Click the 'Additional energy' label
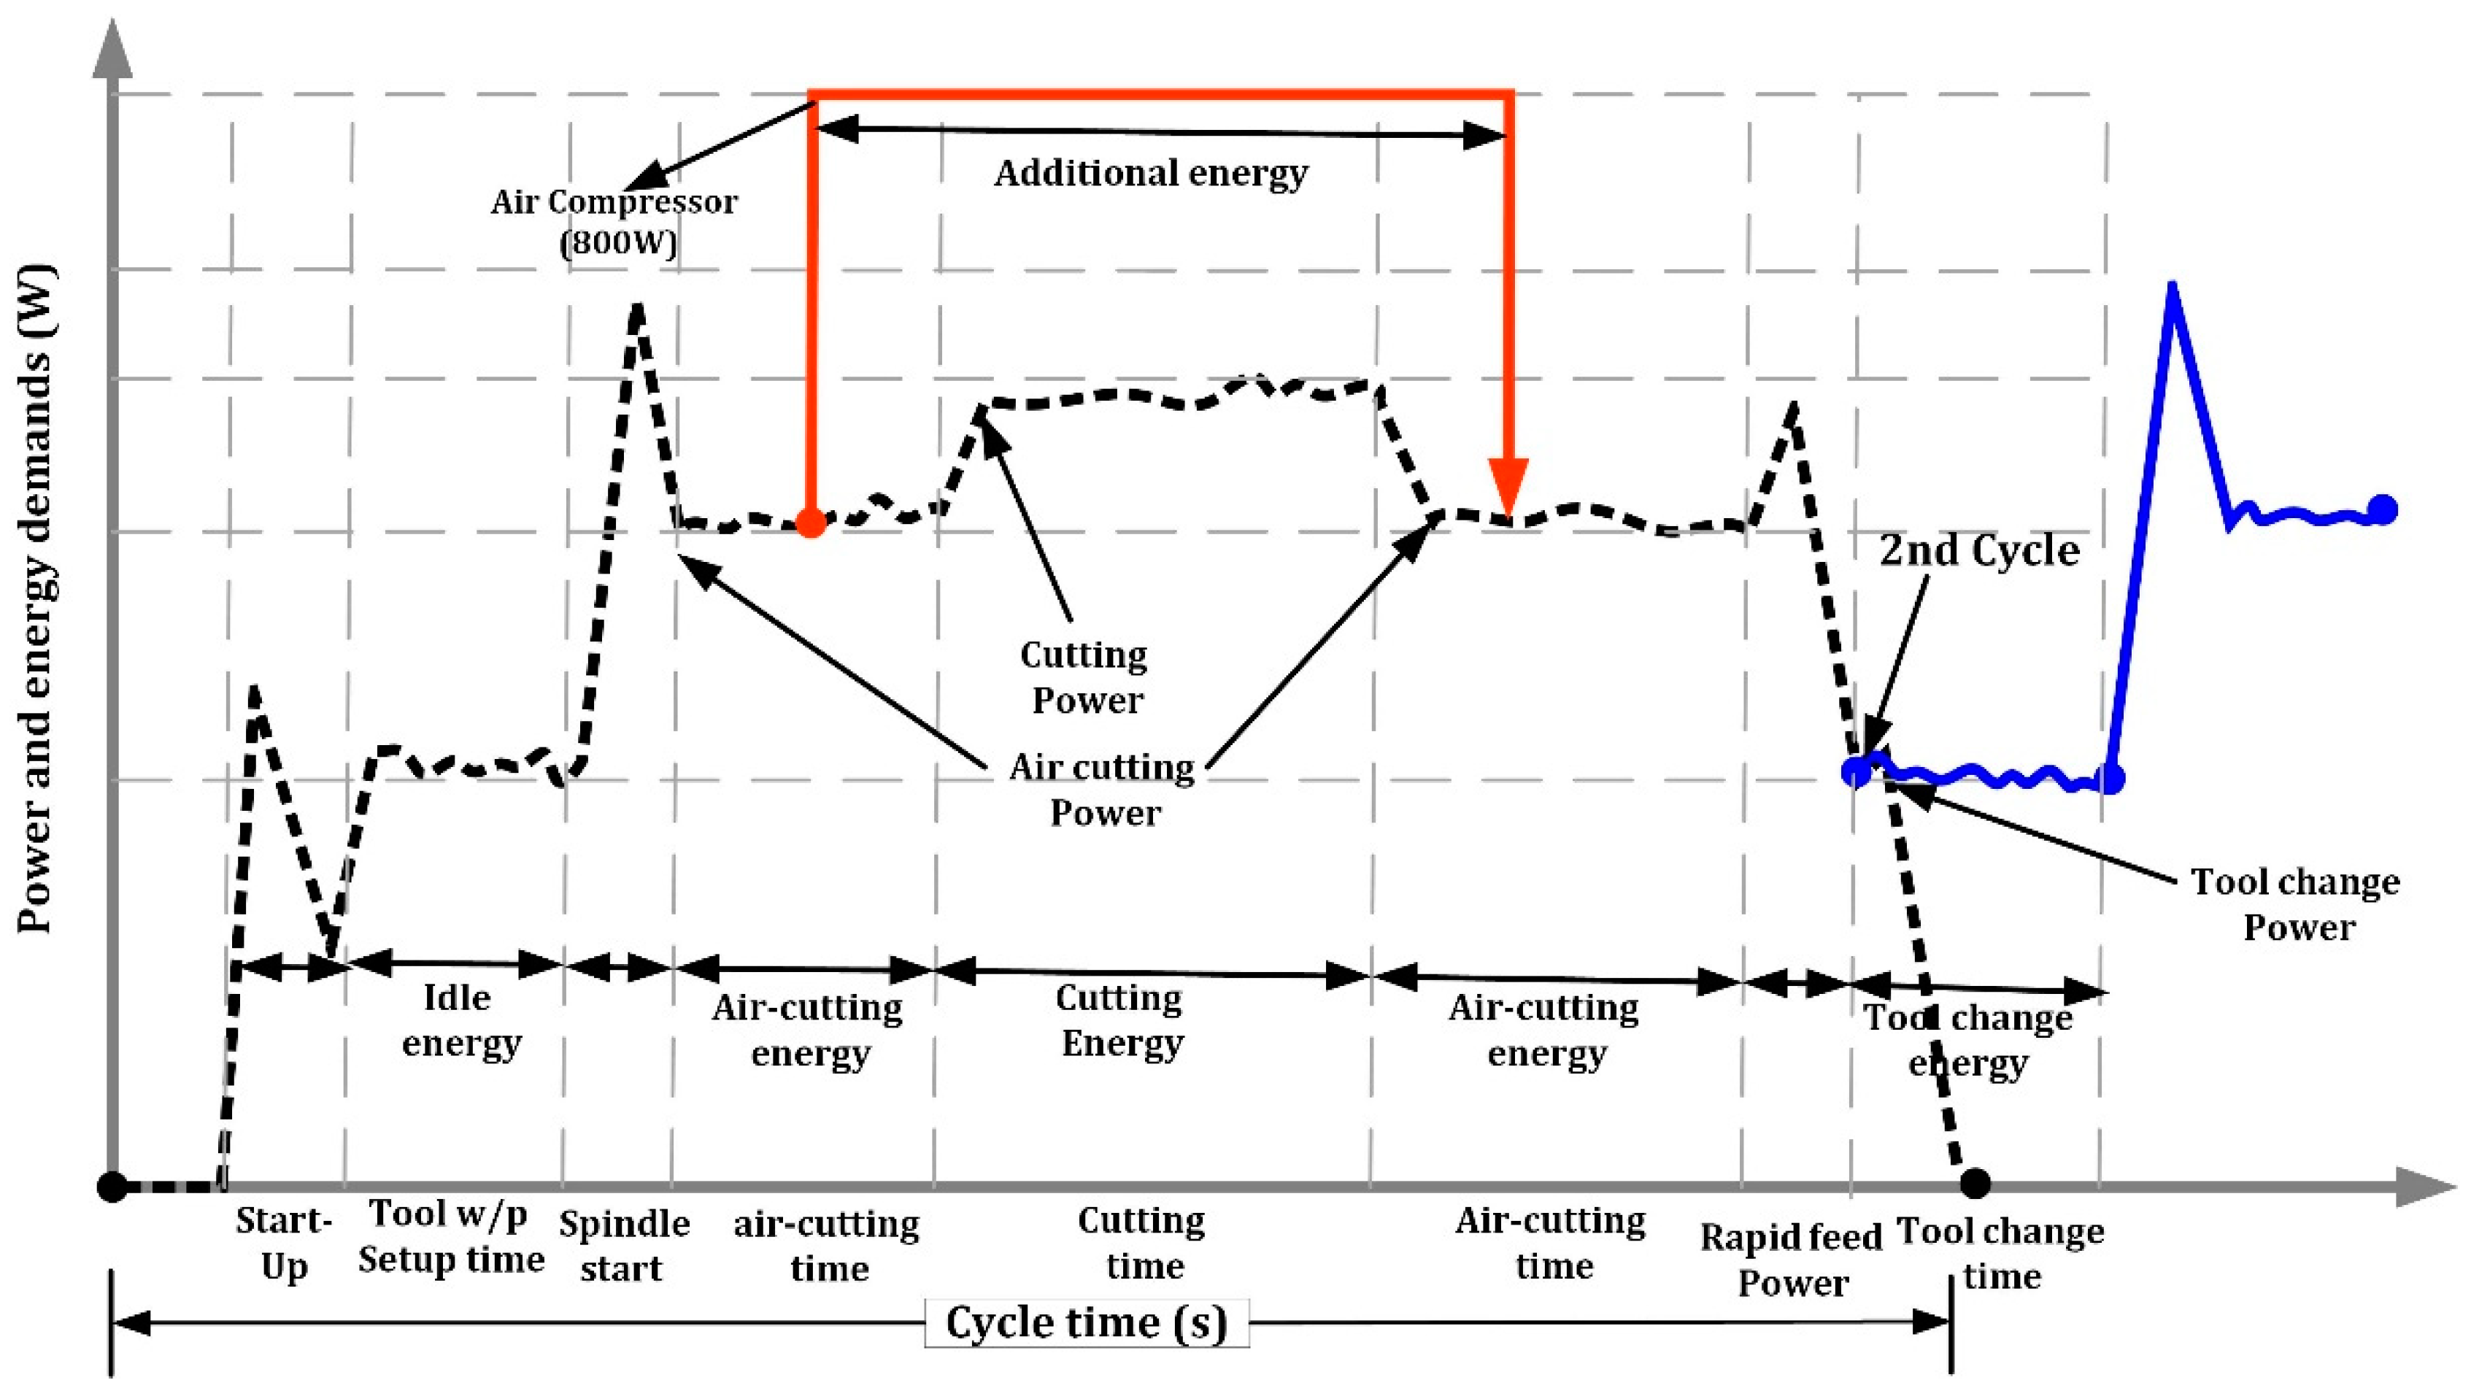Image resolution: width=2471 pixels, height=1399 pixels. click(x=1151, y=174)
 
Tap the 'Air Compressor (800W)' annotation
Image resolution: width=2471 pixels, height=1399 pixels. click(x=615, y=221)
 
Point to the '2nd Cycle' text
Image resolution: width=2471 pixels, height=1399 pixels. click(x=1979, y=550)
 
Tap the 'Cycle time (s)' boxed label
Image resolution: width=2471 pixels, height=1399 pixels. click(x=1087, y=1322)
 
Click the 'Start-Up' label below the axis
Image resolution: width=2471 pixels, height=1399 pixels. click(x=283, y=1244)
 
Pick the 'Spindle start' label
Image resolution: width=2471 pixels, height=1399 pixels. click(x=623, y=1246)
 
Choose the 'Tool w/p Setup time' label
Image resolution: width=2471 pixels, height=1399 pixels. click(x=452, y=1236)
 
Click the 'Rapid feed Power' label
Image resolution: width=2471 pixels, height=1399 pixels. click(x=1792, y=1260)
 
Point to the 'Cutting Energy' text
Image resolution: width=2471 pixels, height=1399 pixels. click(x=1121, y=1020)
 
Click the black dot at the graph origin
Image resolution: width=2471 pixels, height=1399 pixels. click(x=112, y=1187)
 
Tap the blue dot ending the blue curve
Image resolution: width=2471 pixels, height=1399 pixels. click(x=2383, y=509)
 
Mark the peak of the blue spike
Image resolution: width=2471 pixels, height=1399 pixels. click(x=2173, y=285)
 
